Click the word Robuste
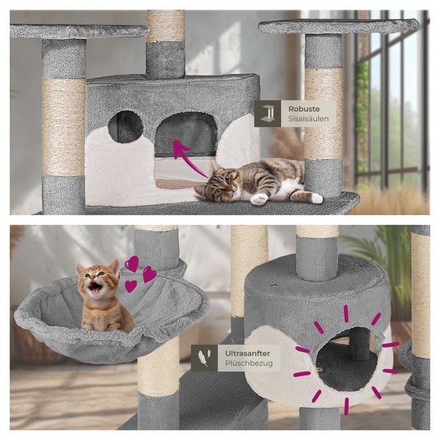304,109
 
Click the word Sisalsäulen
309,119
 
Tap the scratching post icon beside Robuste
268,114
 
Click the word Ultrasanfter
247,353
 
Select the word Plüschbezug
249,364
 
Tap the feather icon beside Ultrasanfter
204,358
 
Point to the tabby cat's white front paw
259,199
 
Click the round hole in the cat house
125,127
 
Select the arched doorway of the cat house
186,134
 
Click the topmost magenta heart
132,263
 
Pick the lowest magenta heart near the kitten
131,286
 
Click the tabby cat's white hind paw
317,199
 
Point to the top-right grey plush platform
339,26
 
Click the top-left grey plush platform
79,32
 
